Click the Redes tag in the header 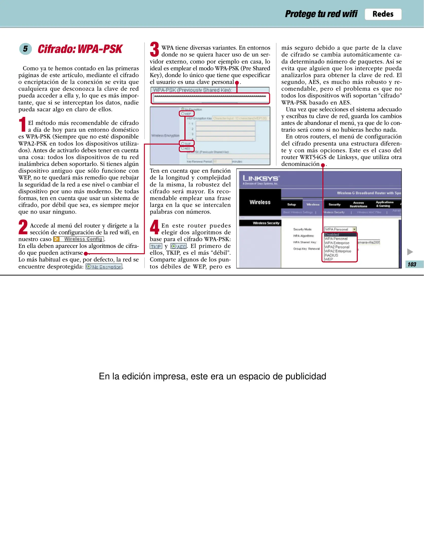(x=383, y=14)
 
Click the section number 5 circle (x=25, y=49)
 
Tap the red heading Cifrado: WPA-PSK (x=80, y=49)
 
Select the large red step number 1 (x=23, y=124)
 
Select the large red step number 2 (x=23, y=227)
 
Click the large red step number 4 (x=154, y=227)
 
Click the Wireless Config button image (x=79, y=239)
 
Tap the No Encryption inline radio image (x=104, y=267)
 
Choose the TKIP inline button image (x=156, y=246)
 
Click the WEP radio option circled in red (x=187, y=114)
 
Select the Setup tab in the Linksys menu (x=291, y=204)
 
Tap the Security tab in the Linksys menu (x=334, y=204)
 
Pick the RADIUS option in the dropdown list (x=331, y=255)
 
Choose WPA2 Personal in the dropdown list (x=337, y=247)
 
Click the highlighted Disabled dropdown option (x=332, y=235)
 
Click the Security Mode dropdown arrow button (x=354, y=229)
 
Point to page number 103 (x=412, y=264)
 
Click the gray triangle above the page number (x=410, y=252)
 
